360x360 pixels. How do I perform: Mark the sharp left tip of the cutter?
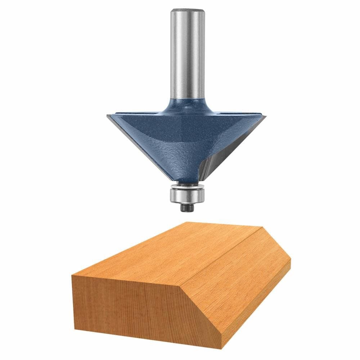(x=107, y=115)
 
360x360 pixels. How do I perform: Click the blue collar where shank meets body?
(x=185, y=104)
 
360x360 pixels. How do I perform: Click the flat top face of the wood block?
(x=162, y=252)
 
